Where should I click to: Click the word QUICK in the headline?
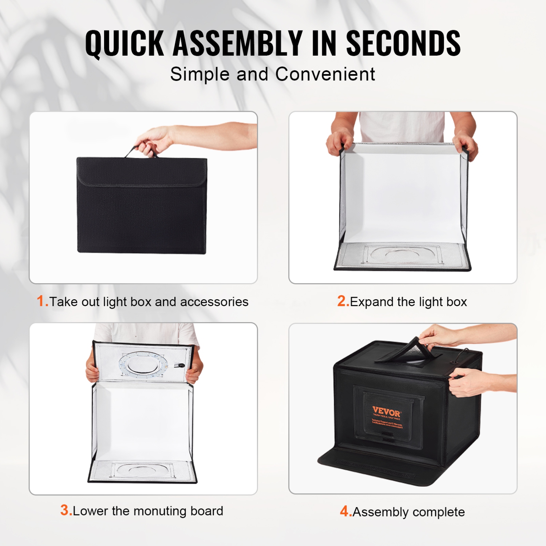[124, 44]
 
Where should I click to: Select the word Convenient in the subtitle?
[325, 75]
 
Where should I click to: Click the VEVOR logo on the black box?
[386, 412]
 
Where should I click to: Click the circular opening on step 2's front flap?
[400, 253]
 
